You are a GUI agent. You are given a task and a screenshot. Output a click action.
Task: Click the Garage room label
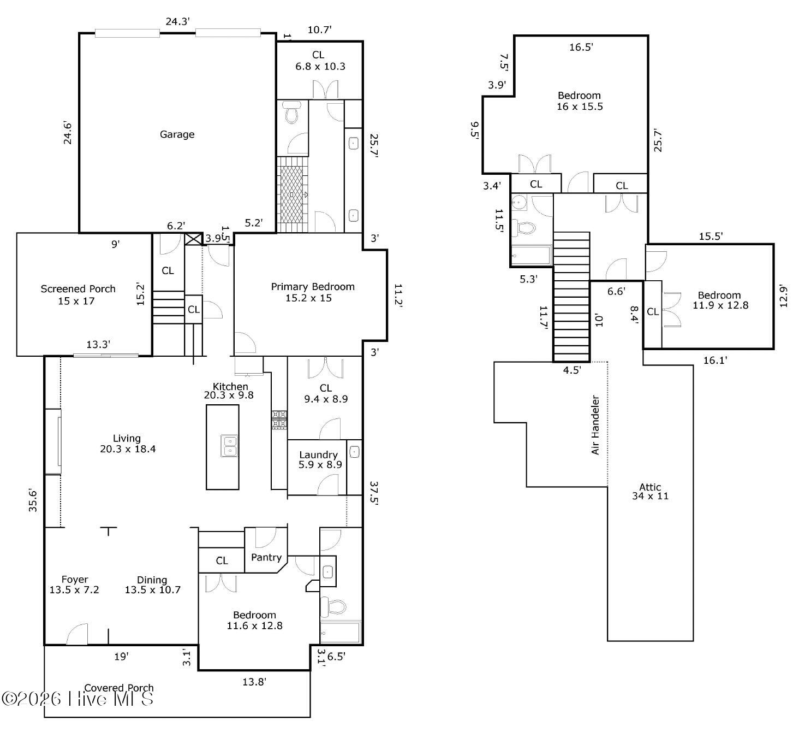[177, 134]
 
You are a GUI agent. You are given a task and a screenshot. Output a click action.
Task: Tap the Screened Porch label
[78, 294]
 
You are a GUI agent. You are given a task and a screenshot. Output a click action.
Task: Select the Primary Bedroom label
[312, 292]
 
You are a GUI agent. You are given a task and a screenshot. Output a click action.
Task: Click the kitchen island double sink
[230, 446]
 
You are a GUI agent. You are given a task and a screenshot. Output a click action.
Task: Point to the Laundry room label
[319, 459]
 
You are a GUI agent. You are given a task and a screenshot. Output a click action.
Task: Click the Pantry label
[266, 558]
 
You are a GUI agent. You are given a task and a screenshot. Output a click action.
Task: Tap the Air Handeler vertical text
[595, 425]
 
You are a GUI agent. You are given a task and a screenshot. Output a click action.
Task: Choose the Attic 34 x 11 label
[650, 492]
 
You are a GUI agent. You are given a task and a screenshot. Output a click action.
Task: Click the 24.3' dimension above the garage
[177, 22]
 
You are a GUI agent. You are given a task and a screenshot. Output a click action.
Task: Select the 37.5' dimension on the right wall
[373, 494]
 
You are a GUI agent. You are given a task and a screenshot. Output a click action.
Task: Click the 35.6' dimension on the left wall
[33, 500]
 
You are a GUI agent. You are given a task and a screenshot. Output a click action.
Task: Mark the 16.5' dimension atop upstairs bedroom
[581, 47]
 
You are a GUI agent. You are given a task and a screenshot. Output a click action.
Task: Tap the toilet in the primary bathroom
[292, 114]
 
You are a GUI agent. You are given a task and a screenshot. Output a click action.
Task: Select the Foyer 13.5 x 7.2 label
[75, 585]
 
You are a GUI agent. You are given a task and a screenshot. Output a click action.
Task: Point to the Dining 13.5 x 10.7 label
[152, 585]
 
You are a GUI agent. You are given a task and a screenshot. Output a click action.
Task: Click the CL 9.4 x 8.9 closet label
[325, 393]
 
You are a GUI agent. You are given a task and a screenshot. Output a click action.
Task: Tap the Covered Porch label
[119, 688]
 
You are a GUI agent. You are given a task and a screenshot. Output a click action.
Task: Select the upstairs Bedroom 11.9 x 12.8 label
[720, 300]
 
